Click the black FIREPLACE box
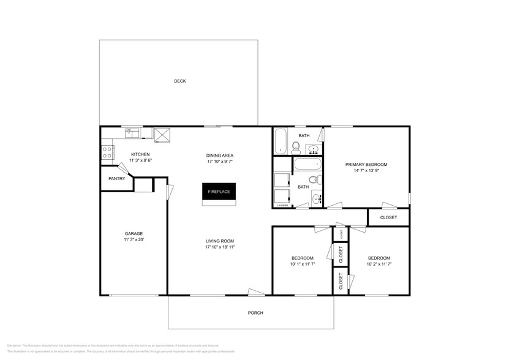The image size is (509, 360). click(x=219, y=192)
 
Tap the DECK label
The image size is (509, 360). click(x=179, y=81)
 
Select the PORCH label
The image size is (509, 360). click(x=255, y=313)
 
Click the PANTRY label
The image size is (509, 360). click(x=116, y=179)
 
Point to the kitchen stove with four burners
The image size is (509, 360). click(x=107, y=152)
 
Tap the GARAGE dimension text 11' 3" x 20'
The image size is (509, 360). click(x=134, y=240)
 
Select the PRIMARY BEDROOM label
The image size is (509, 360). click(x=366, y=164)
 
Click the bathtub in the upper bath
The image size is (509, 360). click(x=281, y=141)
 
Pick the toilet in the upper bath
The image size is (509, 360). click(x=296, y=146)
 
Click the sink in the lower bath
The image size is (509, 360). click(x=316, y=198)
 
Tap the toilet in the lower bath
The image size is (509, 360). click(x=314, y=179)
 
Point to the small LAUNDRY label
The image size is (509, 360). click(x=282, y=206)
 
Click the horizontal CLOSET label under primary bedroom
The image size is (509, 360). click(x=388, y=217)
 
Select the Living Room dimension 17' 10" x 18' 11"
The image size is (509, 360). click(x=220, y=247)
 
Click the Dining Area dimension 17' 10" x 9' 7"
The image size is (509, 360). click(x=220, y=162)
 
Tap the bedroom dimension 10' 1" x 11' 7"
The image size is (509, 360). click(x=303, y=264)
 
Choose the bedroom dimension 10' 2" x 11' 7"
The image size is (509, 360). click(x=378, y=264)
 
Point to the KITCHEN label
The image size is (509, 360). click(x=140, y=154)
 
